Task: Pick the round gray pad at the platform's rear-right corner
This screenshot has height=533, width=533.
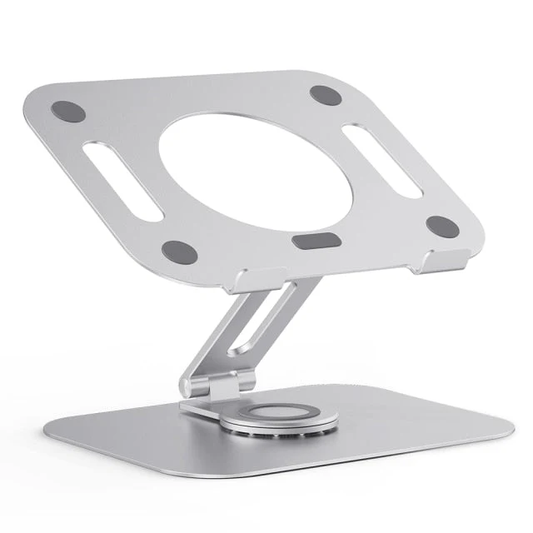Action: point(325,94)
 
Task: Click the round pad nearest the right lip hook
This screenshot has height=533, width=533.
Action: point(442,225)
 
